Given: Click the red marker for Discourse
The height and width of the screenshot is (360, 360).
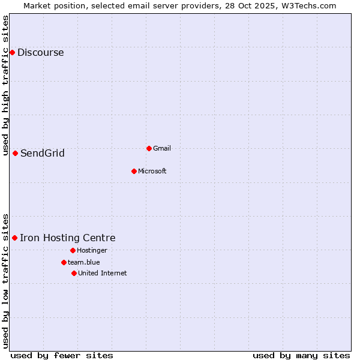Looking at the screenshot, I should tap(12, 52).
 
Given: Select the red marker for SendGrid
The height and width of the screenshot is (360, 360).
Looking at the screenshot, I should tap(15, 153).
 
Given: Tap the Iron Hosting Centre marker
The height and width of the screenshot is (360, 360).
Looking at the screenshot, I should tap(14, 238).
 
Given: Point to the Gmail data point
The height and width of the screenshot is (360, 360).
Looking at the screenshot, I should tap(149, 148).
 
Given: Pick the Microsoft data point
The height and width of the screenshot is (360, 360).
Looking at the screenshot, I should tap(134, 171).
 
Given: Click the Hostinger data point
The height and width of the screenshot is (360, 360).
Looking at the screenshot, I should tap(73, 250).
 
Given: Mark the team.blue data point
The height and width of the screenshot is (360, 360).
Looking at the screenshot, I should tap(64, 262).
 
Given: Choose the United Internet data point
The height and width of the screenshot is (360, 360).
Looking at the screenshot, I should tap(74, 273).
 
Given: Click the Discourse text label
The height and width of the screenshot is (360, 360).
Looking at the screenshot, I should tap(40, 52).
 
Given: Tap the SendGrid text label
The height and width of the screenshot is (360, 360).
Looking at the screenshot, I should tap(42, 153).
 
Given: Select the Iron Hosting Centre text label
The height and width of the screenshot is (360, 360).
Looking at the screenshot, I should tap(67, 238).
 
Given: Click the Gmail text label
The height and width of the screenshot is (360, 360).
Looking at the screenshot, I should tap(162, 148).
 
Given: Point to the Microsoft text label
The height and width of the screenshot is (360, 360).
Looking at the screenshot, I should tap(152, 171).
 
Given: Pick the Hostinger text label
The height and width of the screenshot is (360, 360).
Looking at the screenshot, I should tap(92, 250).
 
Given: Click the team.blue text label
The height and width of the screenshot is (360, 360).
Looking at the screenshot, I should tap(83, 262).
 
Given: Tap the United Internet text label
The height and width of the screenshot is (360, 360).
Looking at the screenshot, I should tap(102, 273).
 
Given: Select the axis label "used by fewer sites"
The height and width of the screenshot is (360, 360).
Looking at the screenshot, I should tap(62, 355).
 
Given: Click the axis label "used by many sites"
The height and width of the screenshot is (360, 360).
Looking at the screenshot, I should tap(301, 355).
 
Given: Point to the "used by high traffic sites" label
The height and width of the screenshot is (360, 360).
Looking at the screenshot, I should tap(5, 84).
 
